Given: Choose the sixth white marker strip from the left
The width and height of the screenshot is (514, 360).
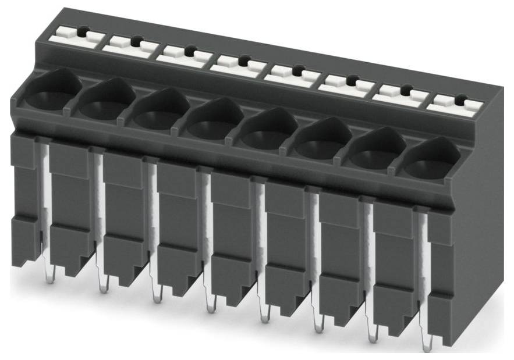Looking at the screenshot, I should tap(348, 83).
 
